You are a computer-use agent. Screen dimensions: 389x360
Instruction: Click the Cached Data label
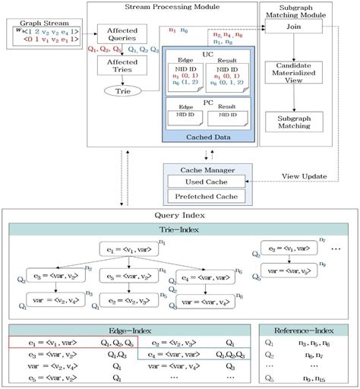tap(206, 135)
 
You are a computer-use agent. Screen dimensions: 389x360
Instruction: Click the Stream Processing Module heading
tap(171, 6)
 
